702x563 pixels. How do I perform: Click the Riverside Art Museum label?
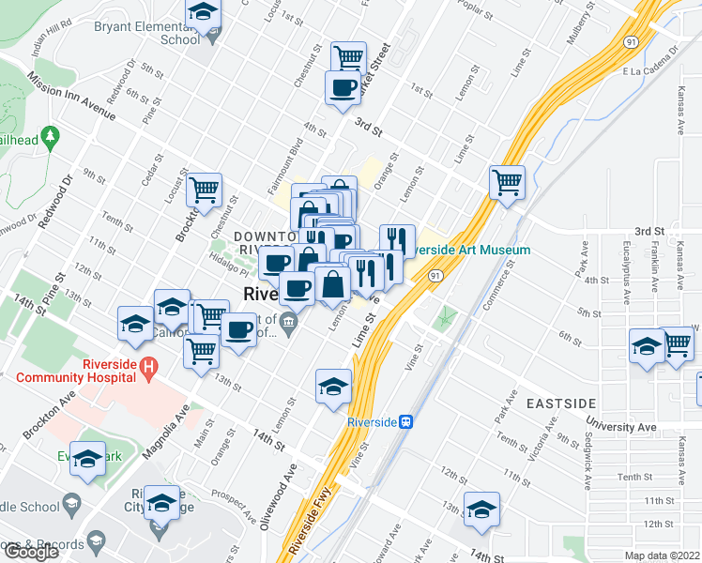pyautogui.click(x=472, y=250)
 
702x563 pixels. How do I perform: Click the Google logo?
pyautogui.click(x=30, y=552)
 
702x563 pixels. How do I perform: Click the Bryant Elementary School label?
pyautogui.click(x=146, y=33)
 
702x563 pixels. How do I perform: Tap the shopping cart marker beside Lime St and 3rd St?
pyautogui.click(x=507, y=180)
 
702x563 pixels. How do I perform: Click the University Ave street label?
pyautogui.click(x=621, y=427)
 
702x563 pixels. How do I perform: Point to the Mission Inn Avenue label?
pyautogui.click(x=70, y=97)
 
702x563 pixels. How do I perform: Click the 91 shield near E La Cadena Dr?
pyautogui.click(x=632, y=42)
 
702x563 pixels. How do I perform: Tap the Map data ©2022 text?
pyautogui.click(x=663, y=555)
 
